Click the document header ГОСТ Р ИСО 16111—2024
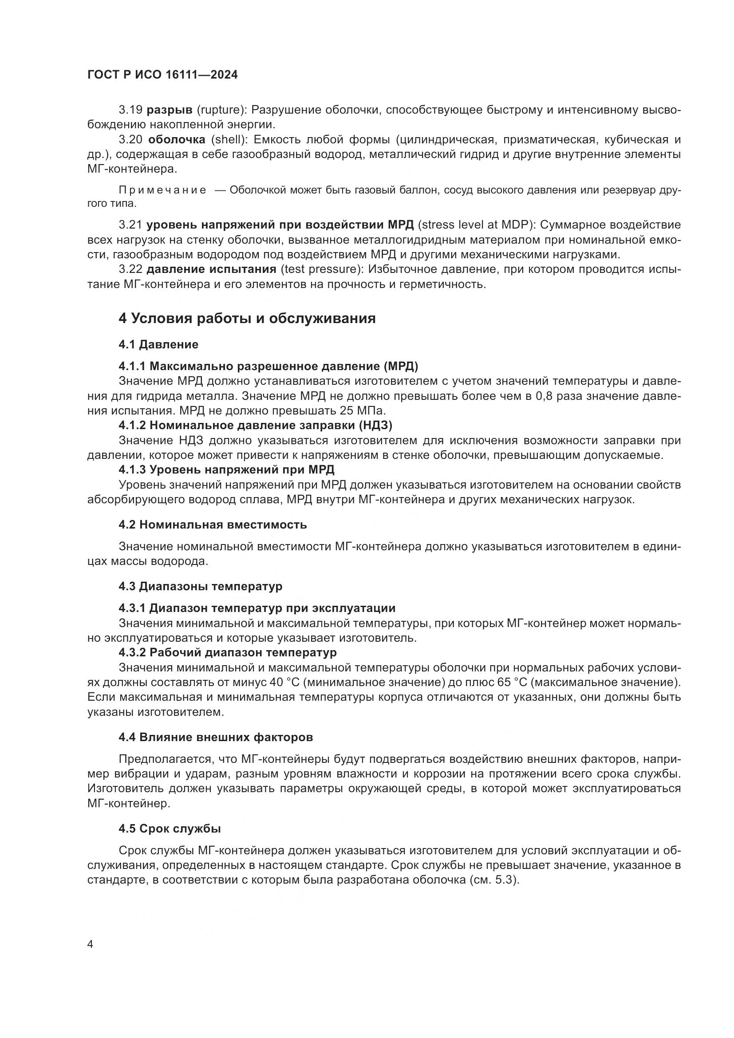tap(162, 75)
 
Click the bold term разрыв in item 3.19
tap(170, 110)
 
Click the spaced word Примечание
tap(162, 190)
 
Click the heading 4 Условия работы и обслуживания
tap(247, 318)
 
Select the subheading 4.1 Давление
tap(158, 344)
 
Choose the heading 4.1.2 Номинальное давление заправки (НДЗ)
tap(255, 426)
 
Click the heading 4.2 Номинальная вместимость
tap(213, 525)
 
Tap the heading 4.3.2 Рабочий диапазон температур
tap(227, 652)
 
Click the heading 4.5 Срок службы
tap(170, 829)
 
